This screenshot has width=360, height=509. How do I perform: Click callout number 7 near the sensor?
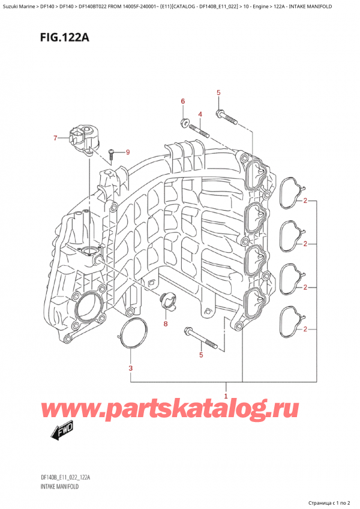tap(55, 139)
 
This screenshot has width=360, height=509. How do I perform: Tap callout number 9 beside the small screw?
tap(127, 151)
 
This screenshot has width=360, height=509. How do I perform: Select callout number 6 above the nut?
tap(184, 101)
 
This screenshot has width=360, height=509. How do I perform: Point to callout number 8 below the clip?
tap(166, 324)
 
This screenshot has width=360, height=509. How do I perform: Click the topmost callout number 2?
tap(305, 200)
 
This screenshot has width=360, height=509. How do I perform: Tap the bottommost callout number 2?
tap(305, 329)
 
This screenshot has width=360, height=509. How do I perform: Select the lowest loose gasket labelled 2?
tap(292, 322)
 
